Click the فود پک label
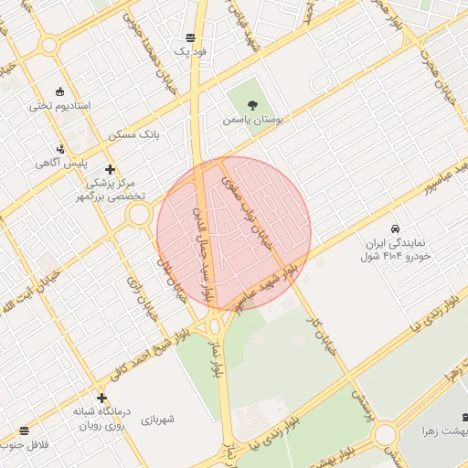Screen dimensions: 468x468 pos(191,52)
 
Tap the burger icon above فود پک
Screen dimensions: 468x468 pos(190,37)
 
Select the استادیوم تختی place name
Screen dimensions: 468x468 pos(60,106)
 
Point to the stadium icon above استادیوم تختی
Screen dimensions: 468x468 pos(60,90)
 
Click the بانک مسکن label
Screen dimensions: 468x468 pos(133,134)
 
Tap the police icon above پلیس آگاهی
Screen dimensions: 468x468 pos(60,148)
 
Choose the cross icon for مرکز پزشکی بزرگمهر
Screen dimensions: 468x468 pos(111,169)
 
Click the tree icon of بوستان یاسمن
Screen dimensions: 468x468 pos(253,105)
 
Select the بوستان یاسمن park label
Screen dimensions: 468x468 pos(253,120)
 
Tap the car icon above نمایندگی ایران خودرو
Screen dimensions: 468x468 pos(394,228)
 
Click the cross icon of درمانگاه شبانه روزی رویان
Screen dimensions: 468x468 pos(101,398)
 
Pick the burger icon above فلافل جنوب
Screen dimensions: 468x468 pos(23,430)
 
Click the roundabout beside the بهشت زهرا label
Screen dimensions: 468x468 pos(385,433)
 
